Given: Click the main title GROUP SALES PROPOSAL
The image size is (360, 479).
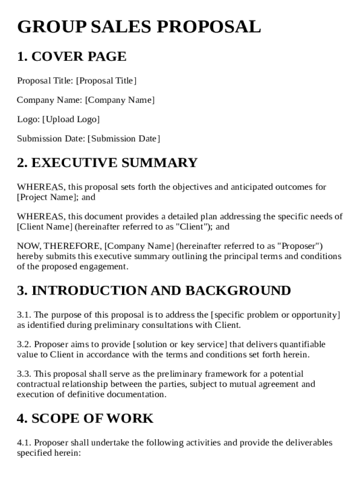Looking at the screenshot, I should pyautogui.click(x=139, y=27).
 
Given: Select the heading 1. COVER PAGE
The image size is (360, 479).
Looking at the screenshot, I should pyautogui.click(x=72, y=57).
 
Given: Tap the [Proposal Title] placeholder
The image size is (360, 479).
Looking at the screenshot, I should pyautogui.click(x=106, y=81).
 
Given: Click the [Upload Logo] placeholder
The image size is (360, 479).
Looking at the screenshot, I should pyautogui.click(x=71, y=119).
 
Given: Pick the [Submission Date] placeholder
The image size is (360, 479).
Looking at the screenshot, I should pyautogui.click(x=124, y=138).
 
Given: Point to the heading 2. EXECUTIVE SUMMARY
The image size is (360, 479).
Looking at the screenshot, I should pyautogui.click(x=107, y=163).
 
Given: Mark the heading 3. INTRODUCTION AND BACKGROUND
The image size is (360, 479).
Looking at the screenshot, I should pyautogui.click(x=154, y=290).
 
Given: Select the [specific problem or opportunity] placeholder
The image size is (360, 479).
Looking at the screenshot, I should pyautogui.click(x=275, y=315).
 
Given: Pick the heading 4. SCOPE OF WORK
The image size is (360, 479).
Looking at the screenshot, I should pyautogui.click(x=85, y=418).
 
